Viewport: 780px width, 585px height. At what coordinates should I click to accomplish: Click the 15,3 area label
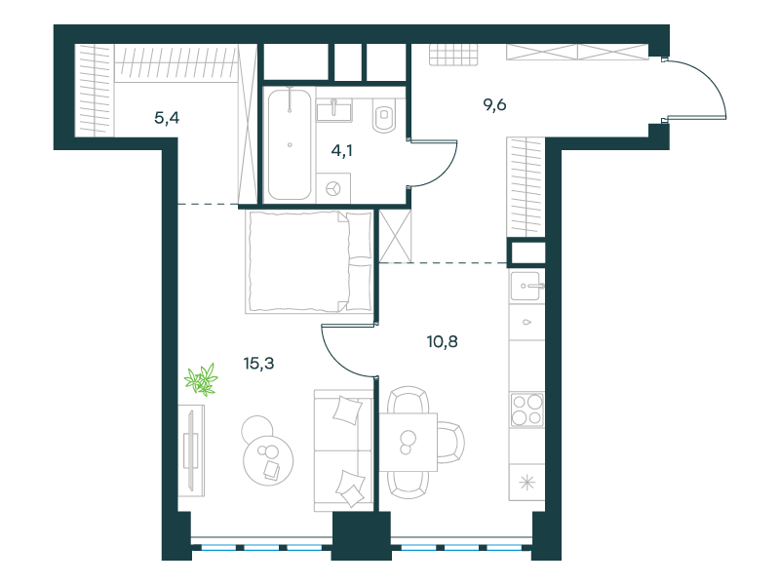click(x=258, y=364)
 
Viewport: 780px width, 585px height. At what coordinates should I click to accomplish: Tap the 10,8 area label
click(x=443, y=342)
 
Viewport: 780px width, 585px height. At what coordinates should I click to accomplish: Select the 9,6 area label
click(x=494, y=105)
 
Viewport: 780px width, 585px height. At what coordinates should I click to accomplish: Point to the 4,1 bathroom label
click(x=342, y=150)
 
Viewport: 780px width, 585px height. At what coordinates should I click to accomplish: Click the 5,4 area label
click(x=167, y=118)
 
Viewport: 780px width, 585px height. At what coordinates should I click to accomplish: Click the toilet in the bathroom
click(x=384, y=115)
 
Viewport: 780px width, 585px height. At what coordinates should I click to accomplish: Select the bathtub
click(x=290, y=144)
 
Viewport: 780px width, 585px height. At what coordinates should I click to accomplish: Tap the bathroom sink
click(x=334, y=109)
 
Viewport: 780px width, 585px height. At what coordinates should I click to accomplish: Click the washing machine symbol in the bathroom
click(x=333, y=188)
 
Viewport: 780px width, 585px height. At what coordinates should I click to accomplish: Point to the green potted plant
click(x=202, y=379)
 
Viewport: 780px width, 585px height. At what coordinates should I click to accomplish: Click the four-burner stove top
click(x=526, y=409)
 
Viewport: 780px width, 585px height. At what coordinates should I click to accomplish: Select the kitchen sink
click(x=526, y=286)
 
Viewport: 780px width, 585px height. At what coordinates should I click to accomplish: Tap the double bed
click(x=309, y=261)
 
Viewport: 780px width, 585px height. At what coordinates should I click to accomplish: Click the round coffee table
click(x=267, y=459)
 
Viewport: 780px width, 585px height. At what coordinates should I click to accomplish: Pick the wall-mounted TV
click(x=191, y=450)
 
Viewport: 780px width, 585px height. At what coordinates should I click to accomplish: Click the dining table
click(x=409, y=443)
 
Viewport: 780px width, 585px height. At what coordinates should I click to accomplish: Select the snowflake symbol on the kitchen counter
click(x=526, y=483)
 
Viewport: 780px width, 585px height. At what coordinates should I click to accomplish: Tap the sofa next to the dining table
click(x=344, y=450)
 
